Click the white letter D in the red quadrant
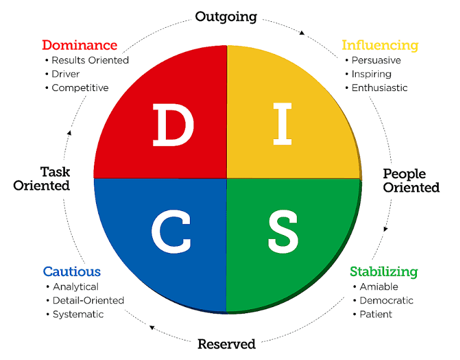(x=173, y=126)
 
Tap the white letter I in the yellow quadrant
(x=282, y=126)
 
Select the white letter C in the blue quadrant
(x=171, y=230)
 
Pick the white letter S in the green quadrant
(x=282, y=230)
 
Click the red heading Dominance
(x=80, y=45)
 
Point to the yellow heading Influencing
(x=380, y=45)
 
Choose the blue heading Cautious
(x=72, y=271)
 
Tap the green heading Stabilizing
(x=384, y=271)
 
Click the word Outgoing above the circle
(x=226, y=17)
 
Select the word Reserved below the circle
(x=226, y=344)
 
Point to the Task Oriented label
(x=41, y=179)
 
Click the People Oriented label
(x=411, y=181)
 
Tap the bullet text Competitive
(x=80, y=88)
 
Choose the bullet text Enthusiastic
(x=379, y=88)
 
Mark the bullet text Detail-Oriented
(x=88, y=301)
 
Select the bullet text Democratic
(x=386, y=301)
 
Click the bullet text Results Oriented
(x=90, y=60)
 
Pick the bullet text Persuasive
(x=376, y=60)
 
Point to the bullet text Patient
(x=376, y=314)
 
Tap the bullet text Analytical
(x=76, y=286)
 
